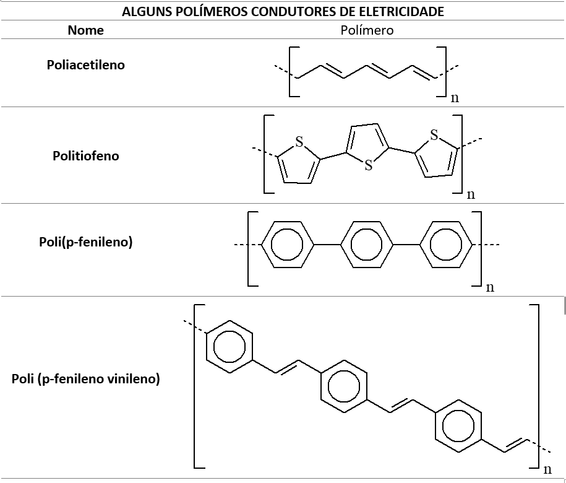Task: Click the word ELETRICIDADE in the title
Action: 405,11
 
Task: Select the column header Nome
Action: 86,30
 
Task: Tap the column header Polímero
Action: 367,30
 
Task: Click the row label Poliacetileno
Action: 86,65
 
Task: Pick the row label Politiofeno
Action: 86,155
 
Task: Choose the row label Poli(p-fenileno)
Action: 86,242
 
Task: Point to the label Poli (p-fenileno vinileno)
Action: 86,379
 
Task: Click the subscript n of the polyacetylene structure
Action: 455,97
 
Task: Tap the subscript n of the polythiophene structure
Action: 471,194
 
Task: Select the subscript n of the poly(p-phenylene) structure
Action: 490,287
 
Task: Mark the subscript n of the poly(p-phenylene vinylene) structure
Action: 547,469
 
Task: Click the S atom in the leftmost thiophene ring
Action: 299,142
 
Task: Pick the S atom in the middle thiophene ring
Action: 369,165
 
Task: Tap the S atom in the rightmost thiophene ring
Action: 434,134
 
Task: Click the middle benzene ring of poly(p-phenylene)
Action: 367,245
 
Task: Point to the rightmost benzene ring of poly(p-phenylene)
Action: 445,245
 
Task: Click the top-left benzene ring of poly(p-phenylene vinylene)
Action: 229,347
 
